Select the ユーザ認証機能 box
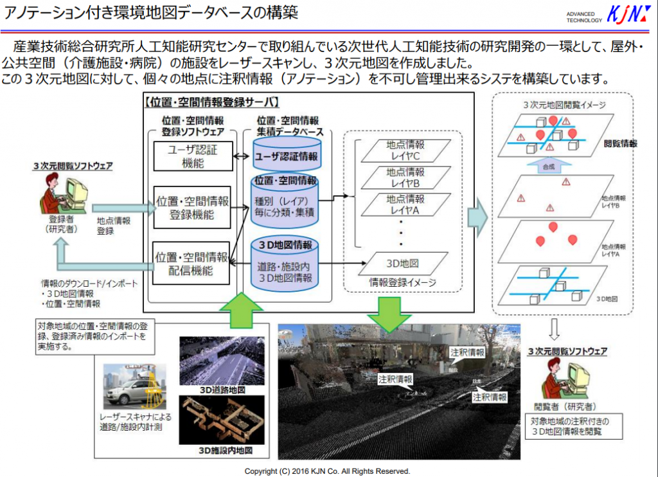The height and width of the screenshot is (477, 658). click(x=193, y=156)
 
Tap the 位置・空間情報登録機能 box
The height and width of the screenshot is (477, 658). click(x=192, y=207)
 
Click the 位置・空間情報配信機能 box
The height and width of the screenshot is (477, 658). click(x=192, y=263)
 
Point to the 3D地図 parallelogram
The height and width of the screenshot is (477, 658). click(x=404, y=263)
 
